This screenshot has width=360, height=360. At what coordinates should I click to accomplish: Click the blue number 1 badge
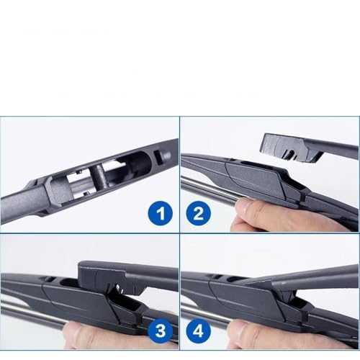(160, 213)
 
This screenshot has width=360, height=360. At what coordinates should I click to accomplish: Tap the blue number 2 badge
(198, 213)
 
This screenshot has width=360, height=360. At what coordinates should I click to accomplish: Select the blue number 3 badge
(161, 331)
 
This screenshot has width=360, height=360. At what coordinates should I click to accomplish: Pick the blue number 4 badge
(199, 331)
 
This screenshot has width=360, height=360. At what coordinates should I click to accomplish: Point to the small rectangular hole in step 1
(159, 157)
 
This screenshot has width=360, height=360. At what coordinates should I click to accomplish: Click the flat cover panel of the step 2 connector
(254, 178)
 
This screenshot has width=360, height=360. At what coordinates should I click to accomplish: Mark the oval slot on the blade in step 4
(235, 279)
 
